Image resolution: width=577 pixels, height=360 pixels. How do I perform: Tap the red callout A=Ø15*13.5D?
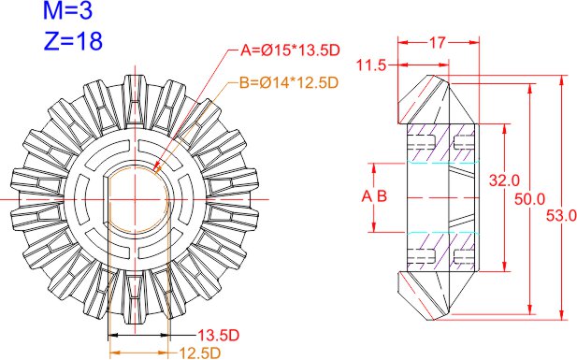[x=287, y=50]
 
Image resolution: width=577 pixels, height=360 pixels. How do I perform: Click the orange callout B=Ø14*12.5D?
[x=288, y=82]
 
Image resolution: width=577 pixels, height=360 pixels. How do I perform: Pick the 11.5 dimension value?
[x=373, y=65]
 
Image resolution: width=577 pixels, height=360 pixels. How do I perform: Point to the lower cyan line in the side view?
[x=443, y=232]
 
